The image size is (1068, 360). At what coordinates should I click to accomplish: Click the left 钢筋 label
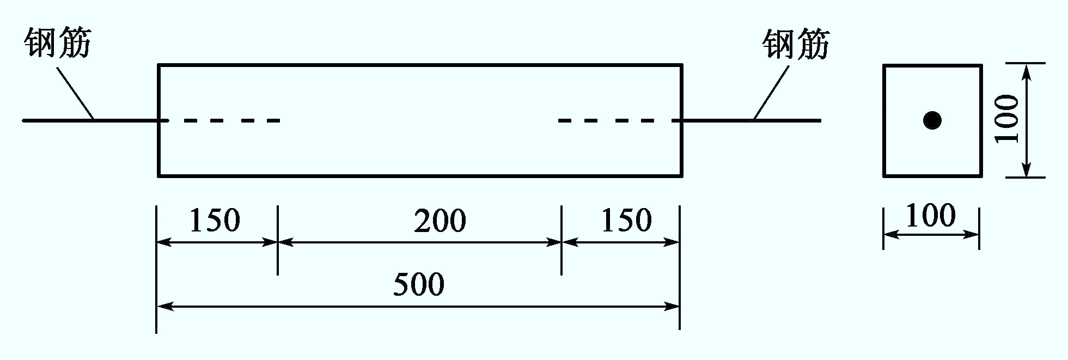(x=57, y=43)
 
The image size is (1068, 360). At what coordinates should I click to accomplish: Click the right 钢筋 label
(x=796, y=44)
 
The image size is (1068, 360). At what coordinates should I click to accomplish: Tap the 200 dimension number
(x=440, y=221)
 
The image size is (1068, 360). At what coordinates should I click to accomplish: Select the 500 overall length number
(x=419, y=284)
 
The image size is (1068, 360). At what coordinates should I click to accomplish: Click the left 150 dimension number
(x=215, y=221)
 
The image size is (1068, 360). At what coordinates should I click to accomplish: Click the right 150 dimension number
(x=626, y=221)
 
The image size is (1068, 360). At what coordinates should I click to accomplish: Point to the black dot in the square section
(x=932, y=120)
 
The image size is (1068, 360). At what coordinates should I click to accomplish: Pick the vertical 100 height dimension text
(x=1007, y=119)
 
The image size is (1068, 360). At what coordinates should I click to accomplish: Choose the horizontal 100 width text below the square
(x=931, y=215)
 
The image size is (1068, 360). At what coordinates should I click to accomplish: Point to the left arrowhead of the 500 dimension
(x=164, y=307)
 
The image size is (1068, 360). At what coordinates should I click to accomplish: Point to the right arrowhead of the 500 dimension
(x=672, y=307)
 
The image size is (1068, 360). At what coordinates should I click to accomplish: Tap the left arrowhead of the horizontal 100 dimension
(x=892, y=235)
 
